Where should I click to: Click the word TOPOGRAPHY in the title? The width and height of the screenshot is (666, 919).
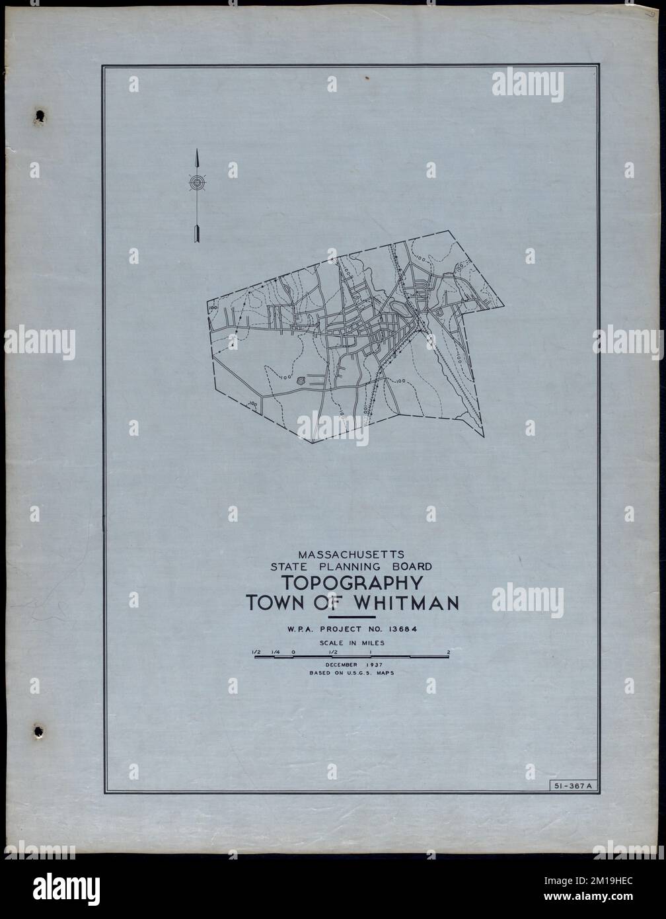pyautogui.click(x=352, y=584)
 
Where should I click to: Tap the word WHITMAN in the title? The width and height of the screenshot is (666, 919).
pyautogui.click(x=406, y=604)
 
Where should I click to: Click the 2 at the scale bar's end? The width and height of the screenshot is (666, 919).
pyautogui.click(x=449, y=652)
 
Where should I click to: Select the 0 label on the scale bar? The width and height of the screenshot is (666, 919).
pyautogui.click(x=293, y=652)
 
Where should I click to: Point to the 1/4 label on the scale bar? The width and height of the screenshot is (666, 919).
pyautogui.click(x=276, y=652)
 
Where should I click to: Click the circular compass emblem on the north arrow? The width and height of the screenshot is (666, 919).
pyautogui.click(x=198, y=182)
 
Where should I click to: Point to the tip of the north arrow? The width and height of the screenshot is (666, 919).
pyautogui.click(x=198, y=151)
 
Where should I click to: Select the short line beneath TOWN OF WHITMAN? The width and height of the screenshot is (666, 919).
pyautogui.click(x=355, y=616)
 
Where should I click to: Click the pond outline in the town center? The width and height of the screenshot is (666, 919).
pyautogui.click(x=398, y=307)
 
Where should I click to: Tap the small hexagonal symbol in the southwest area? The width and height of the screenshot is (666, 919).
pyautogui.click(x=301, y=381)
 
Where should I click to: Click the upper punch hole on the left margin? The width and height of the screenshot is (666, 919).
pyautogui.click(x=40, y=116)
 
